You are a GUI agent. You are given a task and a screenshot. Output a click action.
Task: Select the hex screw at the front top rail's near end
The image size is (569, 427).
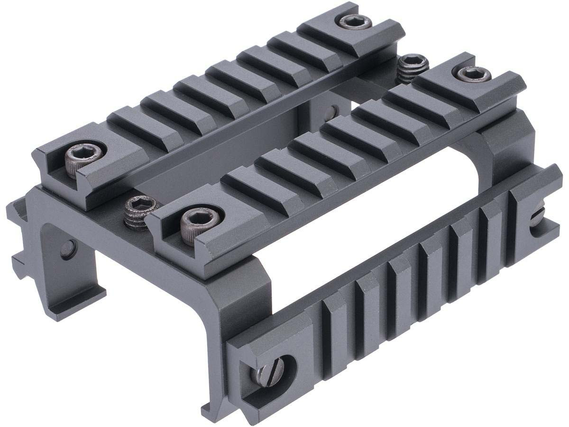click(195, 219)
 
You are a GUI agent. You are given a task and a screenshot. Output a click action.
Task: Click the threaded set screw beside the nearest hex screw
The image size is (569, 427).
click(135, 210)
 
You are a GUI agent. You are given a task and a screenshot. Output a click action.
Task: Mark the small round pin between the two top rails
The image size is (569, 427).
click(335, 111)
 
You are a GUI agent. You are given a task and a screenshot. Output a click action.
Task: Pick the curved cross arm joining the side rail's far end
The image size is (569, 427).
click(493, 147)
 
